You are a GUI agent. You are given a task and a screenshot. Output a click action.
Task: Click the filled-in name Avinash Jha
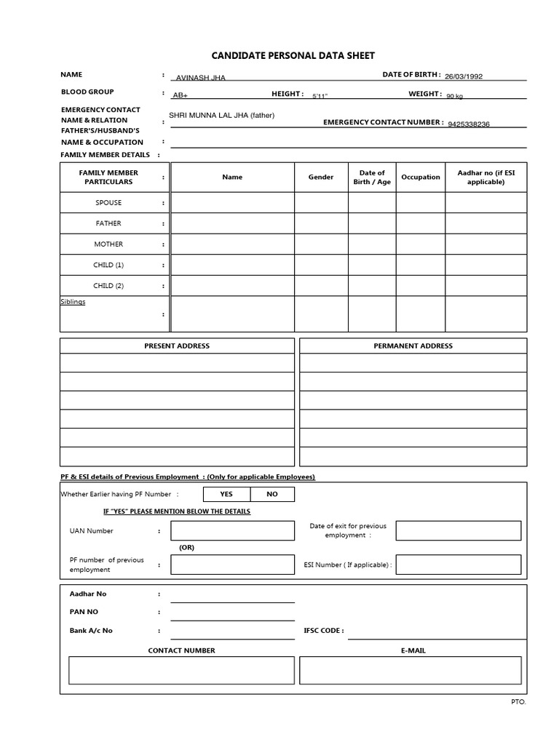coord(201,78)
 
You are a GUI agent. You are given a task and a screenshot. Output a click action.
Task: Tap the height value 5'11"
coord(320,96)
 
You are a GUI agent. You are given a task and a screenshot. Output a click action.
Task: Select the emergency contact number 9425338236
coord(469,124)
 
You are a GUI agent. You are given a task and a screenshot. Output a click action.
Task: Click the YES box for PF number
coord(226,494)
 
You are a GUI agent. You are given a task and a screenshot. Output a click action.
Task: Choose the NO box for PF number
coord(272,494)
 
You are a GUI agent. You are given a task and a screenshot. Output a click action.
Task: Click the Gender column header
coord(321,177)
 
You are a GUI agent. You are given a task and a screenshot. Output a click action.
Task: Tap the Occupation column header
coord(421,177)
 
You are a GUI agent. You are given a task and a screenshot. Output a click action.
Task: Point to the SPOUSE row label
coord(108,203)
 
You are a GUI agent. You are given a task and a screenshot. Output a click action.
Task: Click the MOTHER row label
coord(108,244)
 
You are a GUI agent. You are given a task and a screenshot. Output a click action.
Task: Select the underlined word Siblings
coord(73,301)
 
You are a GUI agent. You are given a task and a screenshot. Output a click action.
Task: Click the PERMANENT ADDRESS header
coord(413,346)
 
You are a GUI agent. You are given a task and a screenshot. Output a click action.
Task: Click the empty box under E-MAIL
coord(411,670)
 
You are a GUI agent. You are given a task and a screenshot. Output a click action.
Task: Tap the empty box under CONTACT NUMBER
coord(181,670)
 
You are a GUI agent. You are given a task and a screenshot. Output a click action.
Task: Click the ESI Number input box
coord(459,564)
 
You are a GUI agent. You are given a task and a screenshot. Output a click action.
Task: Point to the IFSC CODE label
coord(323,631)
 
